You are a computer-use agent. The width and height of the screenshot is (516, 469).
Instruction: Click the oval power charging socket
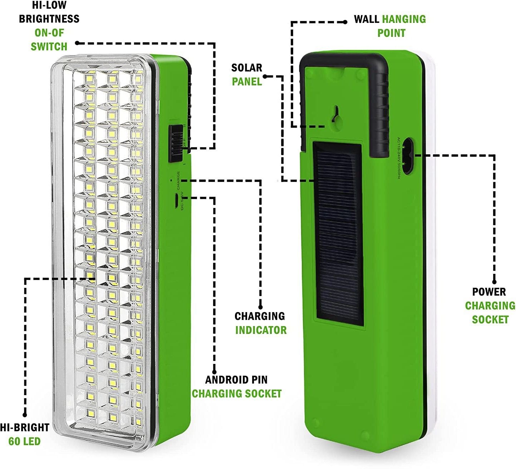pos(407,154)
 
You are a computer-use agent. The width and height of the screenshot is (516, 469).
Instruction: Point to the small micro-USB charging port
pos(177,201)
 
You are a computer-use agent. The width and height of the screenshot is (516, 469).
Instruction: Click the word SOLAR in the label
pos(246,68)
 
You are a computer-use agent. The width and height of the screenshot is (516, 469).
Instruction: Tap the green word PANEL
pos(247,82)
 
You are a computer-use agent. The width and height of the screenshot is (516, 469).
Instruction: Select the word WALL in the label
pos(366,19)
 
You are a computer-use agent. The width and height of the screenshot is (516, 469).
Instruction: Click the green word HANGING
pos(404,19)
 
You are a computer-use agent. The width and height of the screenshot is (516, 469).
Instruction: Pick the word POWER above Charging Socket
pos(489,292)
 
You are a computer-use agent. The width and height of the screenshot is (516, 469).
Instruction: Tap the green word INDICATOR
pos(261,330)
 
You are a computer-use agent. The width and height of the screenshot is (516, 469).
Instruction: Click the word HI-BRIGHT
pos(24,427)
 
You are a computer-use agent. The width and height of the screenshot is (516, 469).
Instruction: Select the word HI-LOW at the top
pos(49,5)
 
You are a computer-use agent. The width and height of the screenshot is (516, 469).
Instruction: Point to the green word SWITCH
pos(49,46)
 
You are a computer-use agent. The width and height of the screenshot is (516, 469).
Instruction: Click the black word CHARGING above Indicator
pos(260,316)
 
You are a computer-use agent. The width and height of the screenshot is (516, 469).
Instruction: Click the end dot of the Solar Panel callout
pos(265,76)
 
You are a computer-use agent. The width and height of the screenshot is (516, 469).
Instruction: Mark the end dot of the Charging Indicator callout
pos(260,307)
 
